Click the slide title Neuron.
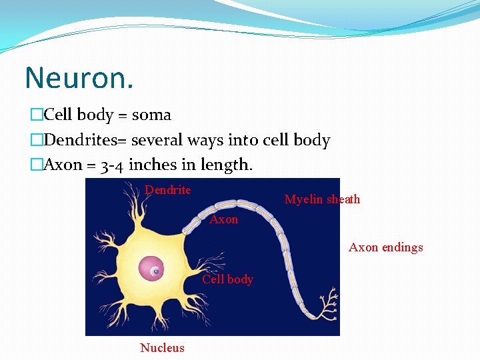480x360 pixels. point(79,78)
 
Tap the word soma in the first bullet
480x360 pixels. point(151,115)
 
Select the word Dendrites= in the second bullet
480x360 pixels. point(85,140)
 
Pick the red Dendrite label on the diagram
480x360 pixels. point(168,190)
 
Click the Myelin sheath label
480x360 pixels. point(322,199)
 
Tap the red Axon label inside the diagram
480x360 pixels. point(224,219)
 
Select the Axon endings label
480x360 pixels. point(385,247)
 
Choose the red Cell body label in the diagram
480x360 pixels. point(227,279)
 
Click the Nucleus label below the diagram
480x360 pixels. point(162,347)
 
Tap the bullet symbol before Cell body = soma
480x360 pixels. point(36,115)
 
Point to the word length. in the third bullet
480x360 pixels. point(231,165)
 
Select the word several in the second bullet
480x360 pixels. point(157,140)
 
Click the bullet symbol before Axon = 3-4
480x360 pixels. point(36,165)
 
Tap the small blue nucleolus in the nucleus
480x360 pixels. point(155,271)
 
